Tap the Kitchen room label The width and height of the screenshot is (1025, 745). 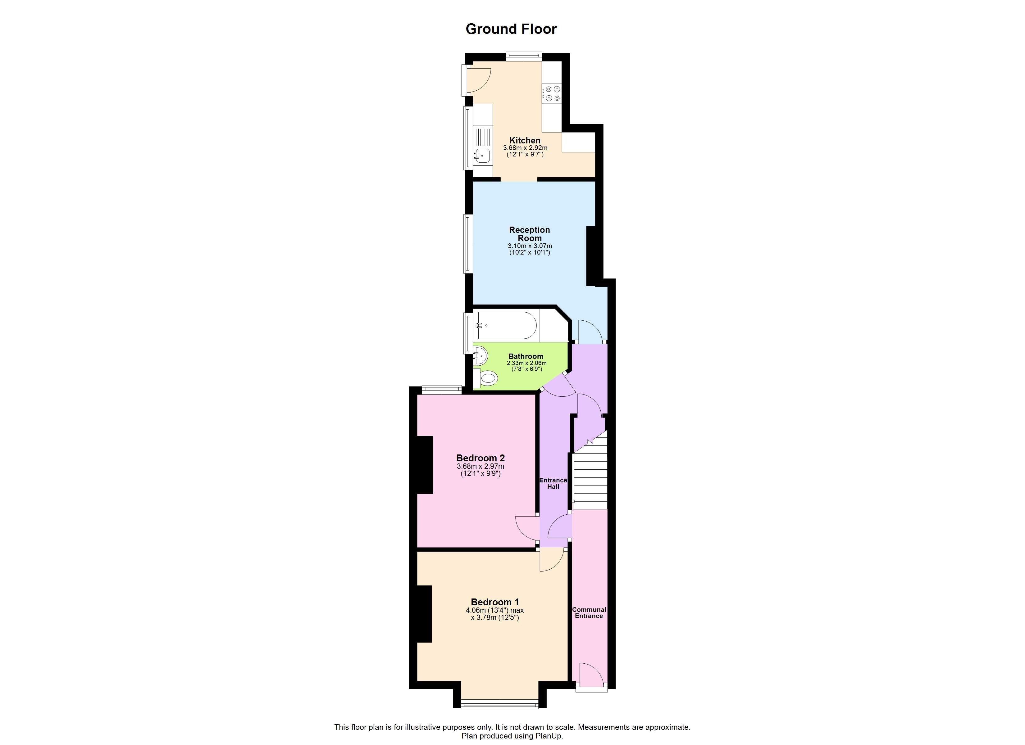[525, 141]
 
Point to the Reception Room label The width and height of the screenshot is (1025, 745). [529, 234]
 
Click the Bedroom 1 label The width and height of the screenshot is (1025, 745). [494, 602]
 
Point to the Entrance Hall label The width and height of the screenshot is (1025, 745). [553, 483]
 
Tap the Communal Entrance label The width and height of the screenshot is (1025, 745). [589, 613]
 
